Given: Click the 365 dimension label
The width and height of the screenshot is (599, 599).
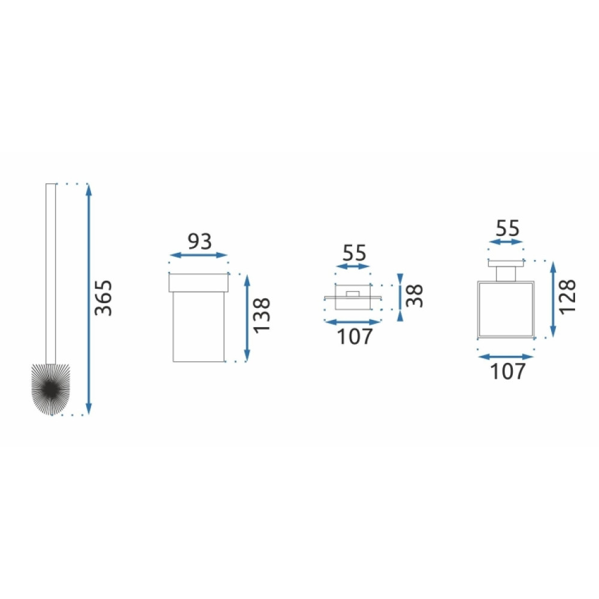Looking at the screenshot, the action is coord(103,298).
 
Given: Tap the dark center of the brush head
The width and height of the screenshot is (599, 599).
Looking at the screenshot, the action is coord(50,389).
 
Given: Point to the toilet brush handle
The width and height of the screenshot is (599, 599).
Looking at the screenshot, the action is coord(50,274).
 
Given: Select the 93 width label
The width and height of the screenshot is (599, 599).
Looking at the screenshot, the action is coord(199,241).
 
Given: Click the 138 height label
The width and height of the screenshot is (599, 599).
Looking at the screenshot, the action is coord(262,316).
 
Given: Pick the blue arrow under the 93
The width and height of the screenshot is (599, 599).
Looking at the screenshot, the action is coord(198,255).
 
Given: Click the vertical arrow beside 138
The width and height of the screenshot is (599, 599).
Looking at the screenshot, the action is coord(247,318).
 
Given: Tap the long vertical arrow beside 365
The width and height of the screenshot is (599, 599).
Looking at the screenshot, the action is coord(89,299).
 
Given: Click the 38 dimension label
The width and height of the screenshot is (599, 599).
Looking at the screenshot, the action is coord(415,296).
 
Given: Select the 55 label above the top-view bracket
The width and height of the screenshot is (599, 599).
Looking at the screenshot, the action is coord(354,253).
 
